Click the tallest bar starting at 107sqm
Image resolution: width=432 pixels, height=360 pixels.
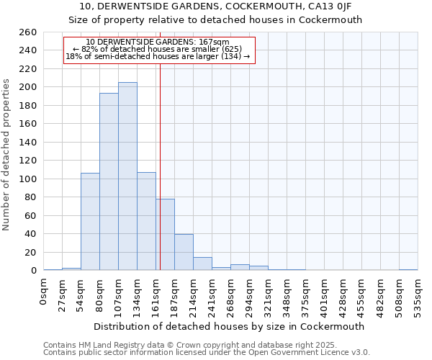(x=127, y=176)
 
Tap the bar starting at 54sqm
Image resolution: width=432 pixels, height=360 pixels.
(x=90, y=222)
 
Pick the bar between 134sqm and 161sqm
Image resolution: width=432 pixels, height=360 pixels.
(x=146, y=221)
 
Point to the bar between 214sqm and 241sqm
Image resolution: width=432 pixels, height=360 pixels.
(x=202, y=264)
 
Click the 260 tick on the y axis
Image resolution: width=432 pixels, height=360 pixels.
(x=29, y=32)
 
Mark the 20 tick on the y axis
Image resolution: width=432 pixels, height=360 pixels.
(x=31, y=252)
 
